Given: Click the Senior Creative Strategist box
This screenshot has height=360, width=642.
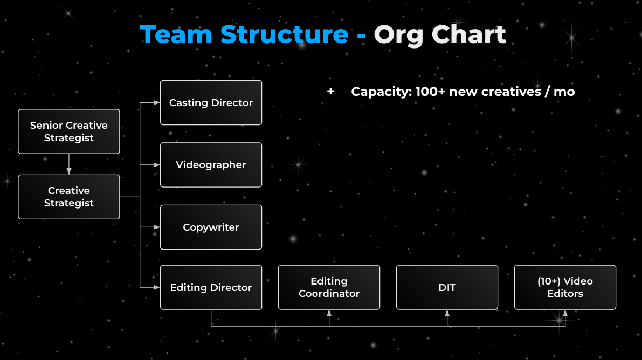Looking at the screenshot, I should (69, 131).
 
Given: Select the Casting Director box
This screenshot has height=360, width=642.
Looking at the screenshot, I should (211, 102).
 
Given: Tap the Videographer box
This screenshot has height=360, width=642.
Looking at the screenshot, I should (211, 165).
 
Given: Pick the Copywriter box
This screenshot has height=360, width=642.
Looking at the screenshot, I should (211, 227).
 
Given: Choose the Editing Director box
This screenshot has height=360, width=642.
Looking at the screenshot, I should (211, 287).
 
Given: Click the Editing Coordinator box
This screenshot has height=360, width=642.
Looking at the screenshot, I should (329, 287).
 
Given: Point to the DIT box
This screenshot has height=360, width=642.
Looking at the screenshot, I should (447, 287).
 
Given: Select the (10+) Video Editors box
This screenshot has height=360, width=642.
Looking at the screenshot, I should (565, 287).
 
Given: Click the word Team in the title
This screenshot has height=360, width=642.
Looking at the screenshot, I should (176, 34).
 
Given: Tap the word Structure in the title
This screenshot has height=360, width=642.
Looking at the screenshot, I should (284, 34).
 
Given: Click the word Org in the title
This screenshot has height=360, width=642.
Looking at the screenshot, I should (398, 34).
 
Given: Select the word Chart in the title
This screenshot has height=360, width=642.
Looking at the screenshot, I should (468, 34).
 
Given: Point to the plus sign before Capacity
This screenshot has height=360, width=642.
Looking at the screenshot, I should (330, 92).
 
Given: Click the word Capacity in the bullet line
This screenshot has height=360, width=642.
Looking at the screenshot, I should (381, 92).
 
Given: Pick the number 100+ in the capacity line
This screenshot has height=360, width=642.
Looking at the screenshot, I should (430, 92).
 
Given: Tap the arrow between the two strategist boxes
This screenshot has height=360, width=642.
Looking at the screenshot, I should (69, 164).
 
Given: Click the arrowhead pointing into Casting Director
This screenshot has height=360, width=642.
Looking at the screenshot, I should (156, 102).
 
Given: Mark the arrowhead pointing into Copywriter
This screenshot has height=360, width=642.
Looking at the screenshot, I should (156, 227).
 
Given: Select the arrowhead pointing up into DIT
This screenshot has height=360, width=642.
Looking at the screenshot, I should (447, 313).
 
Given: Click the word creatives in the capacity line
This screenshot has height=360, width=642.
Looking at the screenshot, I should (511, 92).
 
